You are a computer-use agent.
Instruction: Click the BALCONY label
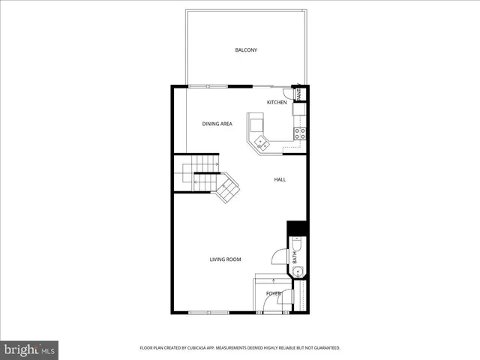click(x=246, y=50)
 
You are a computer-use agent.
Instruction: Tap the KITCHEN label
click(x=277, y=102)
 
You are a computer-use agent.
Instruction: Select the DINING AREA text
click(x=217, y=123)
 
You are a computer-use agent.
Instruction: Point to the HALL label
click(x=280, y=179)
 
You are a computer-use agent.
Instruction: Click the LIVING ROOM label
click(x=225, y=259)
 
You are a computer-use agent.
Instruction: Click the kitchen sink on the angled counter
click(x=261, y=141)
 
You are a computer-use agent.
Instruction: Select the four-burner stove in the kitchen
click(x=299, y=134)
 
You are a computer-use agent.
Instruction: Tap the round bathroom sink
click(x=297, y=271)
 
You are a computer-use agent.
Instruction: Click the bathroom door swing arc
click(x=279, y=256)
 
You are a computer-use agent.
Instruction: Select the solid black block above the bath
click(x=298, y=228)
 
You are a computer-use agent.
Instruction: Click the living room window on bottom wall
click(x=208, y=312)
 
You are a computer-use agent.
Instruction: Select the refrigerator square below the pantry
click(x=299, y=109)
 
